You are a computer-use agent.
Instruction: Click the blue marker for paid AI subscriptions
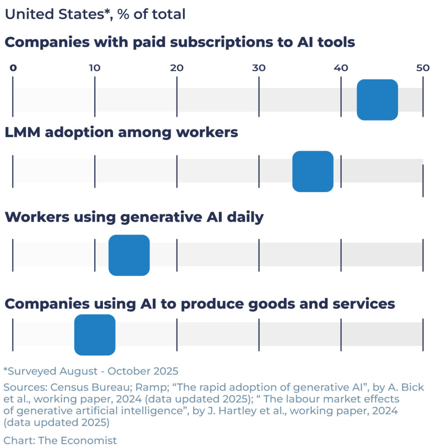pos(377,100)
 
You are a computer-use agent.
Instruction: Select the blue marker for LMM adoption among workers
pos(313,171)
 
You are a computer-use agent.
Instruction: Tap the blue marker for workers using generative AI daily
pos(129,255)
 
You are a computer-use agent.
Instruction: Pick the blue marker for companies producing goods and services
pos(95,335)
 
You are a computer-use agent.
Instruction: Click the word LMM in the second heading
pos(21,133)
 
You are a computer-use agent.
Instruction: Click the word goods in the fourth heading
pos(282,304)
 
